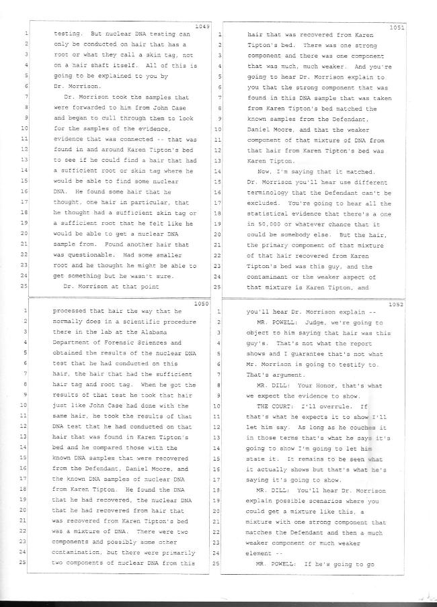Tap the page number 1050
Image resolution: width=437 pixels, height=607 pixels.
coord(200,303)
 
